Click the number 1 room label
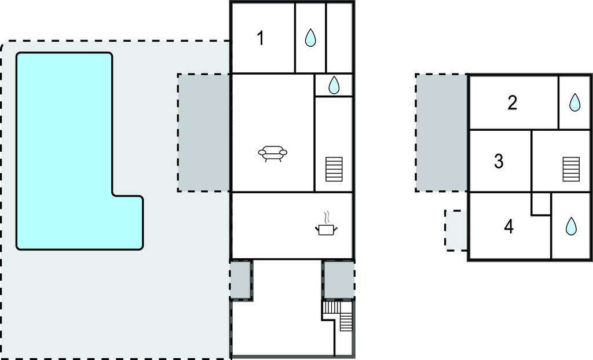click(x=260, y=38)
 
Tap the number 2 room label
click(x=513, y=103)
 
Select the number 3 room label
click(x=499, y=161)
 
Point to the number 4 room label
click(x=509, y=226)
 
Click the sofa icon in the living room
click(x=273, y=154)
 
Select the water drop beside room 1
click(x=310, y=38)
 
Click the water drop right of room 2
click(x=575, y=102)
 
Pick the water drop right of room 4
click(x=571, y=226)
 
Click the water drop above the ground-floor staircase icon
click(x=334, y=85)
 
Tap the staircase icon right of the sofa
click(x=334, y=170)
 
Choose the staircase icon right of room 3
click(x=571, y=170)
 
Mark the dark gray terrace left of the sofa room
click(x=204, y=133)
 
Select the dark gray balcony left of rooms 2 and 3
click(x=442, y=133)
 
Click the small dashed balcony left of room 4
click(x=456, y=230)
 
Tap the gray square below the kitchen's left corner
click(x=241, y=280)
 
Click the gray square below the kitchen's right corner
click(x=338, y=280)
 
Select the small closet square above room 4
click(x=541, y=204)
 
